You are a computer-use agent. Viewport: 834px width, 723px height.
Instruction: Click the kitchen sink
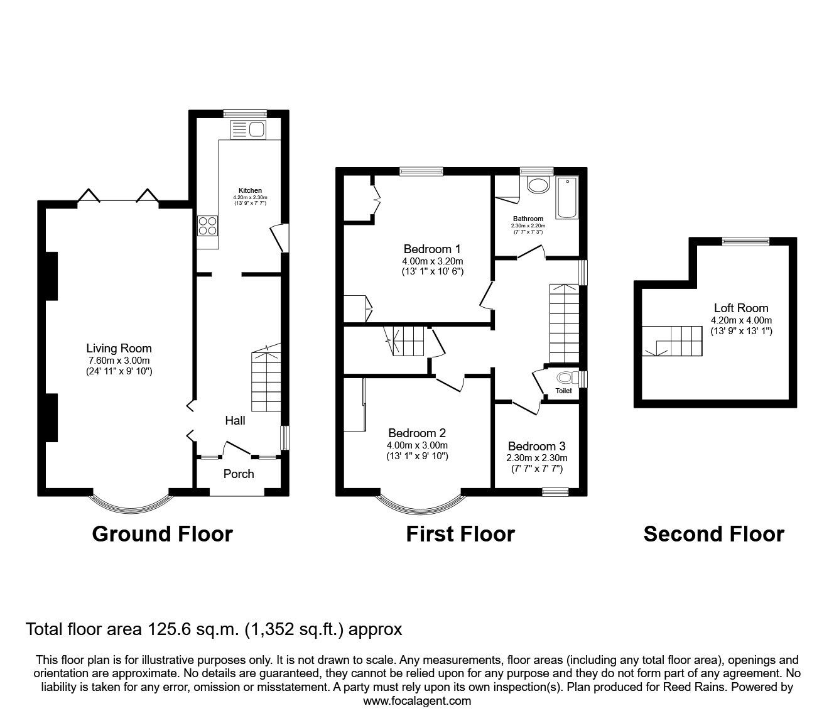tap(247, 129)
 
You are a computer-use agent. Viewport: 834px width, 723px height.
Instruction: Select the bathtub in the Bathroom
tap(567, 198)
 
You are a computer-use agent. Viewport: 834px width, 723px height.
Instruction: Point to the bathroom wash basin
tap(538, 186)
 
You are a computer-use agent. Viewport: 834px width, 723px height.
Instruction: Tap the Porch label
tap(239, 474)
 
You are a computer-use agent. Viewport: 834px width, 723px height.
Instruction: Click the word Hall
tap(235, 421)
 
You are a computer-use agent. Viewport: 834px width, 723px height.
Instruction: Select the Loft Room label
tap(741, 308)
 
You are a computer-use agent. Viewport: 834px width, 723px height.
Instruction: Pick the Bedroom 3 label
tap(536, 446)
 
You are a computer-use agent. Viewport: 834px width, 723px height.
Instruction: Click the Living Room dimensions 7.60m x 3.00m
tap(119, 361)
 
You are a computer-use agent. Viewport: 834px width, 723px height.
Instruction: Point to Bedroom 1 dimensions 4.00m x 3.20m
tap(433, 261)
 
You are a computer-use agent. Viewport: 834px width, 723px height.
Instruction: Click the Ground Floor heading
tap(162, 534)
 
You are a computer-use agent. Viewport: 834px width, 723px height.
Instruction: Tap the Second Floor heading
tap(714, 534)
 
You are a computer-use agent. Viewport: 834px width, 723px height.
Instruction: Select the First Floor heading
tap(460, 534)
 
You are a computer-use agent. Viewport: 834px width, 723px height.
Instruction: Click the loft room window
tap(745, 241)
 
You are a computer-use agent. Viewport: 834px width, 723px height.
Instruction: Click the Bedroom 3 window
tap(555, 492)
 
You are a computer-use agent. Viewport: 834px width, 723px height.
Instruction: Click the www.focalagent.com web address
tap(417, 701)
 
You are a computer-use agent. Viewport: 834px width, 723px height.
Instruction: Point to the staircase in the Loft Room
tap(672, 341)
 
